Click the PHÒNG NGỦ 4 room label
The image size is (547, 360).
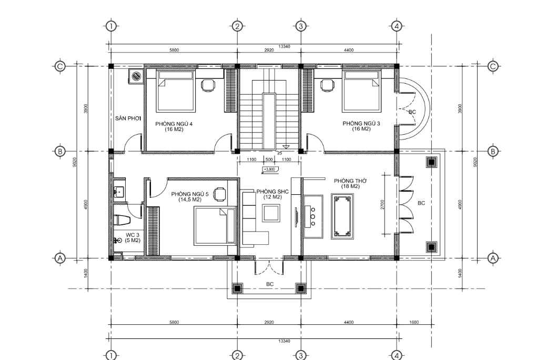coord(174,124)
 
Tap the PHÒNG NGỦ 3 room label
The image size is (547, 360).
coord(361,123)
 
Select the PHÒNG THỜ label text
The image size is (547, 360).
coord(351,181)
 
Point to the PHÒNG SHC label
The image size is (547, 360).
coord(272,192)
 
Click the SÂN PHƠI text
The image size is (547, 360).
coord(128,118)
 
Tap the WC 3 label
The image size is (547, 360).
coord(133,235)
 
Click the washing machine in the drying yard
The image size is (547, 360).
coord(136,76)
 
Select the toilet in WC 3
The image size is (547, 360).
coord(121,221)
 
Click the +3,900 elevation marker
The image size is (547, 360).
coord(269,169)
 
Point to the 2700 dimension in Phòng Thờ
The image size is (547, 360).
coord(382,204)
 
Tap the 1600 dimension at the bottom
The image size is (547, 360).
coord(414,322)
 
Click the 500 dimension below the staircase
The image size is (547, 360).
coord(269,159)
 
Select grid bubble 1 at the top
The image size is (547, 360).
coord(111,26)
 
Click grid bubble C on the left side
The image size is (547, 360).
coord(60,66)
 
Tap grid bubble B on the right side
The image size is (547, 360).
coord(493,151)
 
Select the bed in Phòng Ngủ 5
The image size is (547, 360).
coord(214,226)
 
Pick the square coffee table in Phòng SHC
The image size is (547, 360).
coord(271,213)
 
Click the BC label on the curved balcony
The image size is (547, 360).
coord(412,112)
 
